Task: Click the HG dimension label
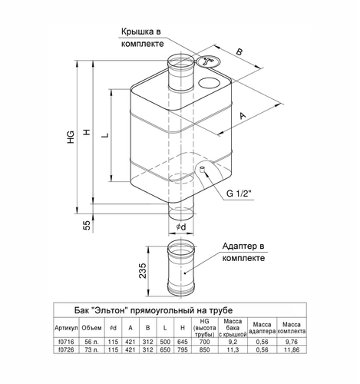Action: (71, 137)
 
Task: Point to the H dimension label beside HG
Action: (88, 132)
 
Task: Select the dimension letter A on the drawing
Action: (243, 115)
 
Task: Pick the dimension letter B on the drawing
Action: (239, 51)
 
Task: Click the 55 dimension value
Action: (88, 225)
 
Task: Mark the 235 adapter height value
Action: (143, 270)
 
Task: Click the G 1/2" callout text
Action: (239, 194)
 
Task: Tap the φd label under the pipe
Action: (181, 227)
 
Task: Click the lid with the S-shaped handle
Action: (207, 61)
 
